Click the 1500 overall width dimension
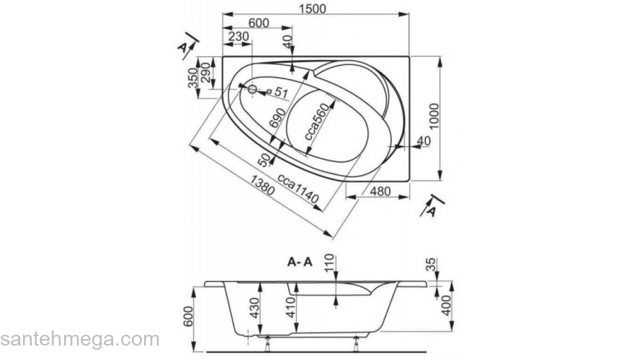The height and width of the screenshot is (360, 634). pyautogui.click(x=313, y=9)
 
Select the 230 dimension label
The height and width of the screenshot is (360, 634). pyautogui.click(x=238, y=37)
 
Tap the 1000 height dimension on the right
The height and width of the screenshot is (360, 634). pyautogui.click(x=434, y=117)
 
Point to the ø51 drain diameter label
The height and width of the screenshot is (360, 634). pyautogui.click(x=277, y=93)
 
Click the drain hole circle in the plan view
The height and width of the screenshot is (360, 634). pyautogui.click(x=252, y=89)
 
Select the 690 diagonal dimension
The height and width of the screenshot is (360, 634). pyautogui.click(x=277, y=118)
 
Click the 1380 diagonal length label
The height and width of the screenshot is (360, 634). pyautogui.click(x=262, y=185)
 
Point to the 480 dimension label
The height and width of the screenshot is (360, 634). pyautogui.click(x=380, y=192)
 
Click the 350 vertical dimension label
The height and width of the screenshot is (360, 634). pyautogui.click(x=192, y=78)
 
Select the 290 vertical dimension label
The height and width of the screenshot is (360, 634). pyautogui.click(x=206, y=73)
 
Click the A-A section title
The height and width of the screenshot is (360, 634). pyautogui.click(x=300, y=262)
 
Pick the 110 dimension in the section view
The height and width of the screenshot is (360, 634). pyautogui.click(x=329, y=264)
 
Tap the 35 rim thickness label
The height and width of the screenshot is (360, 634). pyautogui.click(x=432, y=265)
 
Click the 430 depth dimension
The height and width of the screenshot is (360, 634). pyautogui.click(x=254, y=308)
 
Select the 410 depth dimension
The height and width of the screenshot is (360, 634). pyautogui.click(x=291, y=308)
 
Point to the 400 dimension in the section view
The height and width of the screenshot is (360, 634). pyautogui.click(x=445, y=306)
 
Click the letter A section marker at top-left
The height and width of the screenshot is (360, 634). pyautogui.click(x=183, y=48)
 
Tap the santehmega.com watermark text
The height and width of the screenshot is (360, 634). pyautogui.click(x=80, y=340)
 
